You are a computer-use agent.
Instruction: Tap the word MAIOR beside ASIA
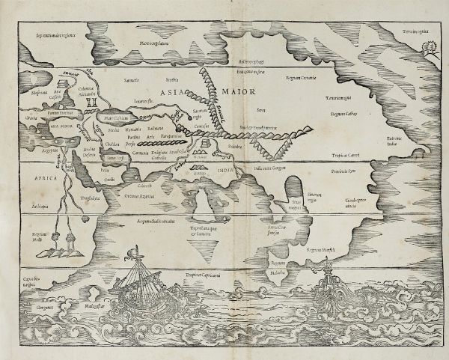(x=233, y=92)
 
